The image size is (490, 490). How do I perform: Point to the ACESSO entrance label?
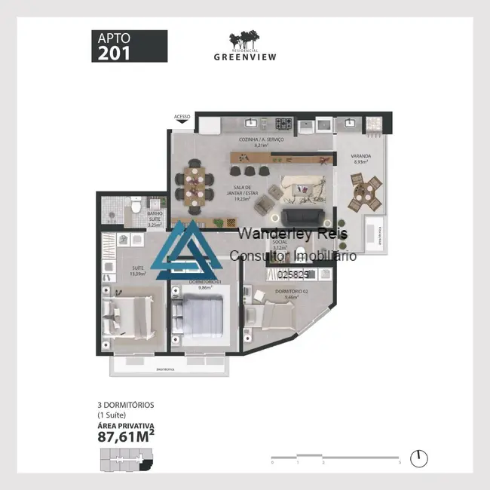[182, 117]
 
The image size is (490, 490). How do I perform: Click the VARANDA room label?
[360, 158]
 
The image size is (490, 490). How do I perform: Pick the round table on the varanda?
[365, 191]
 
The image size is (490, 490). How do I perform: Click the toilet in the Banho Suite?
[133, 206]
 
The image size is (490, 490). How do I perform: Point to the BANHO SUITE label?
[155, 218]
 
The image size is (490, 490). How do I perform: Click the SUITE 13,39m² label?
[137, 272]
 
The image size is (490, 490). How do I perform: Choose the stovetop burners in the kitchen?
[283, 123]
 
